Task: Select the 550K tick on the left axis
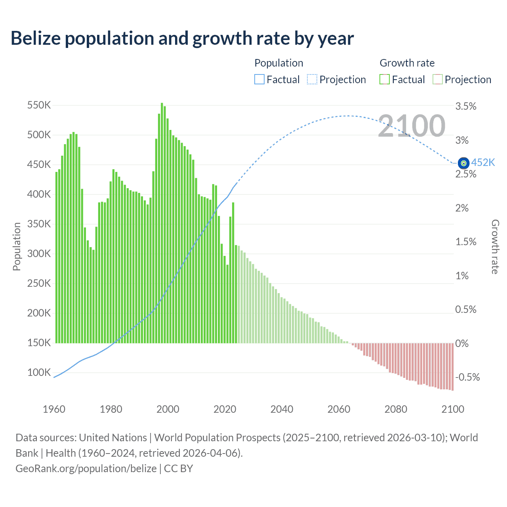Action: [39, 105]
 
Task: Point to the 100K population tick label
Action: [39, 372]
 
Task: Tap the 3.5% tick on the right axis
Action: [466, 106]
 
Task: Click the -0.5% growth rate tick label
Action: [467, 377]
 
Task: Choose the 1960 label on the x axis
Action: [54, 409]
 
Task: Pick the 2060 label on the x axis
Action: [339, 409]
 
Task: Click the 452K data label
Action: [483, 163]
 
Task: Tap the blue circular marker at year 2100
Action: [463, 163]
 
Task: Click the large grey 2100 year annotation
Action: [412, 126]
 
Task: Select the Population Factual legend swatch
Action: [259, 80]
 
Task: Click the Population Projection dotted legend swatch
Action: [312, 80]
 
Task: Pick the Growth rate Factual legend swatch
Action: [384, 80]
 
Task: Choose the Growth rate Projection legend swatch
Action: [437, 80]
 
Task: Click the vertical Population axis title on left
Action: [17, 246]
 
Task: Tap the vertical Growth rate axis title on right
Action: [495, 247]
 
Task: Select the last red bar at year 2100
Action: [452, 366]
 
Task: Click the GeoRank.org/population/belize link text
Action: [86, 469]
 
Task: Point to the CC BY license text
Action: [178, 469]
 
